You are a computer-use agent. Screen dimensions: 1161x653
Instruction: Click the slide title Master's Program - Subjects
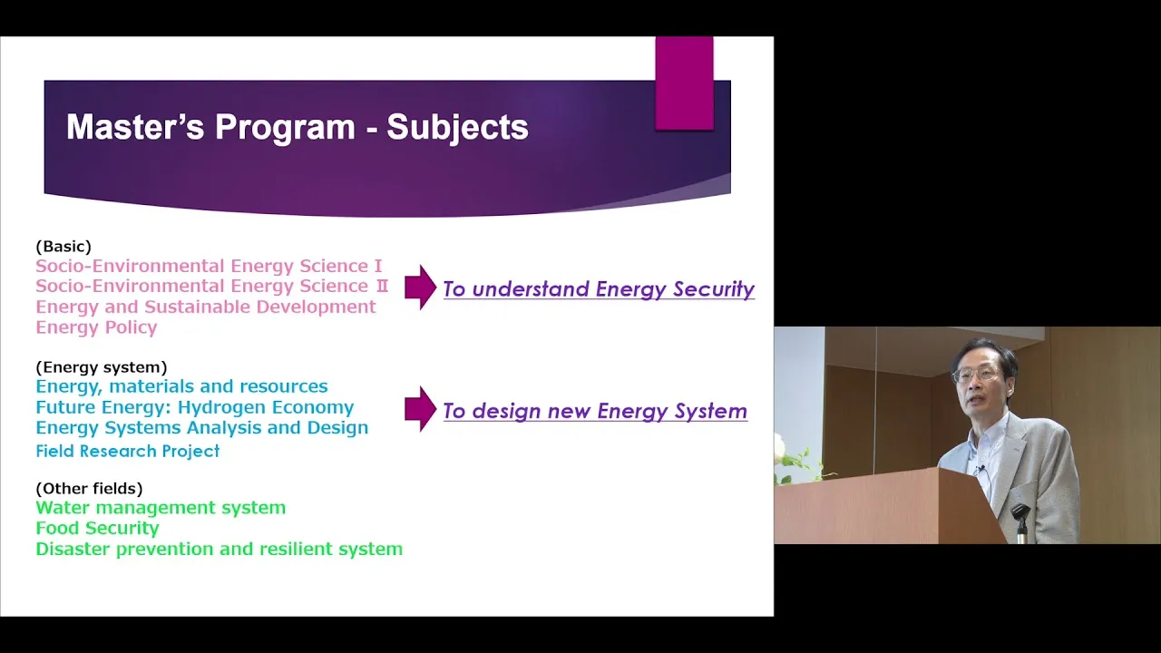298,127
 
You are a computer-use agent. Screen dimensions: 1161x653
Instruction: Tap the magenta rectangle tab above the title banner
684,83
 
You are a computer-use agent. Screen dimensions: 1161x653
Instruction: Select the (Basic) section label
63,246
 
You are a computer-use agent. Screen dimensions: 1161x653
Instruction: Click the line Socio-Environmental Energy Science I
209,266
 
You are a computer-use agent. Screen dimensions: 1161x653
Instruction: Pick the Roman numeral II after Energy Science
382,286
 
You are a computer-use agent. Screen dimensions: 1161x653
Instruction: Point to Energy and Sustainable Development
206,307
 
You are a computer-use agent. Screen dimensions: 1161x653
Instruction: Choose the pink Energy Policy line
96,327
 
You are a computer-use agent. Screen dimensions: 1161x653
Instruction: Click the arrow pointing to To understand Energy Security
420,288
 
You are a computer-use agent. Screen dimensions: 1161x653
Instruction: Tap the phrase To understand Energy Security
599,289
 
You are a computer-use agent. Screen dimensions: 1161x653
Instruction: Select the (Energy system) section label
102,367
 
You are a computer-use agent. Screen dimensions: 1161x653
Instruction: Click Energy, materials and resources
182,386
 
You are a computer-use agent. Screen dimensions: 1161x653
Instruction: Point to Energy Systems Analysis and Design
202,427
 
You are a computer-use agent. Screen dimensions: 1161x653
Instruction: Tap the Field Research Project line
128,451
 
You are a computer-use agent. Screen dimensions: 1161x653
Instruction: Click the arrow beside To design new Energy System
420,409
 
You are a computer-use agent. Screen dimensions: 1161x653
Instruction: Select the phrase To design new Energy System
595,411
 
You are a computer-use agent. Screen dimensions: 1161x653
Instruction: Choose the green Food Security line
97,528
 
